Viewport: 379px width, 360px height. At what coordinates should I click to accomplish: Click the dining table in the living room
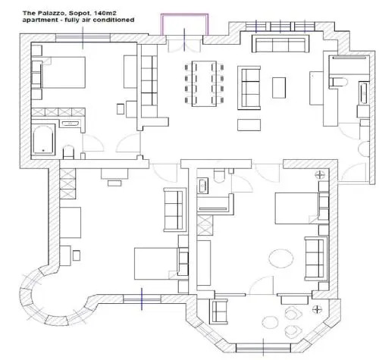point(204,83)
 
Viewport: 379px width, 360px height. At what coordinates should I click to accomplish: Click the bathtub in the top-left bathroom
point(43,139)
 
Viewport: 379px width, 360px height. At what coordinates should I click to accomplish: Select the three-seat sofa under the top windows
point(280,43)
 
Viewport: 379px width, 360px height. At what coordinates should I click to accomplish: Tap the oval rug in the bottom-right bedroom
point(281,258)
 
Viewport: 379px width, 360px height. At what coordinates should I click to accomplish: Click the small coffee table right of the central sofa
point(279,88)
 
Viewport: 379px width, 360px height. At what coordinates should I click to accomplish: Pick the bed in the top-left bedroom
point(63,73)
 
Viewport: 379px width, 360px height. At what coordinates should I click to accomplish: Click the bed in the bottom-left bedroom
point(156,264)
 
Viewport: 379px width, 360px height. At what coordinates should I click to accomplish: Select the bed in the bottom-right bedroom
point(296,208)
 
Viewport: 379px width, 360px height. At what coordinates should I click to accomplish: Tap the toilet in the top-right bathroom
point(339,82)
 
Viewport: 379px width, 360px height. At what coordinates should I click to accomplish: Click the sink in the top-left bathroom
point(70,124)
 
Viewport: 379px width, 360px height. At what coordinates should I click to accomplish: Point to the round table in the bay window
point(271,323)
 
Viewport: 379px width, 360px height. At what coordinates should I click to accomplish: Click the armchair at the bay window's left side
point(219,311)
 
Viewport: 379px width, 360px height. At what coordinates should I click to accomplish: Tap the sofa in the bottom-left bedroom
point(175,210)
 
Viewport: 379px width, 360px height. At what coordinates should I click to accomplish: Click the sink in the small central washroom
point(202,186)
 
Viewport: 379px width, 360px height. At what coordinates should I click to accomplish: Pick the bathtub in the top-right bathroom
point(363,92)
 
